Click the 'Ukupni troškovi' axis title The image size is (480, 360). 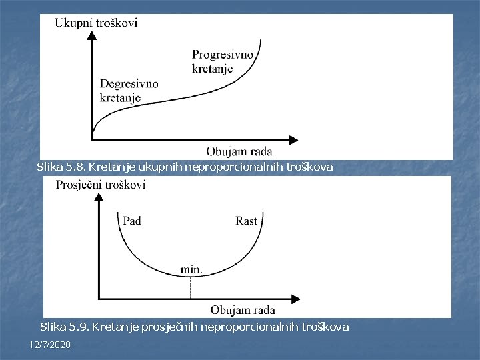[96, 23]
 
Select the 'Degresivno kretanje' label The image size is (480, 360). [129, 91]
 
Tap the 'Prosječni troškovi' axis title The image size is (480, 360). [101, 185]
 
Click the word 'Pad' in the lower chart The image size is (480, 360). [132, 221]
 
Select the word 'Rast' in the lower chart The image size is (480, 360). [247, 221]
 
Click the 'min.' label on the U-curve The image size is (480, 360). [191, 270]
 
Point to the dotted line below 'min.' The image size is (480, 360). [191, 287]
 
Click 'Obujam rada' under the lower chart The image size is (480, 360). [243, 310]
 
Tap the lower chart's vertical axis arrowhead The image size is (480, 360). [99, 197]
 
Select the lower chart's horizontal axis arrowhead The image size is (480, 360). [293, 298]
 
